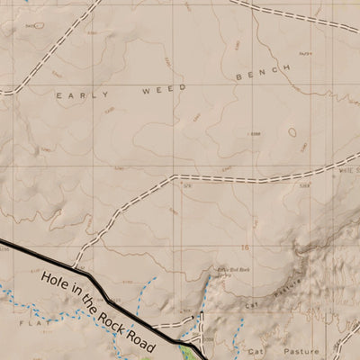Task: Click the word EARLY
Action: [75, 94]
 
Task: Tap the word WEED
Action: [164, 88]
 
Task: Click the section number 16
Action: [244, 246]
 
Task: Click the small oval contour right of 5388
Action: [292, 131]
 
